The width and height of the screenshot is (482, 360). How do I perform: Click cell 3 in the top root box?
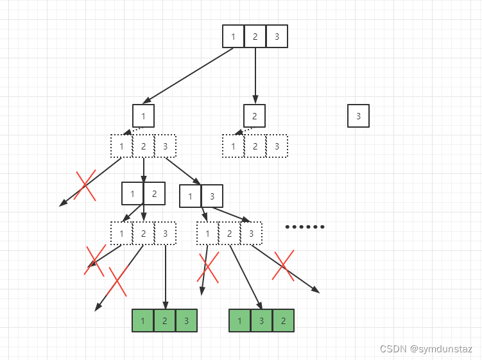277,36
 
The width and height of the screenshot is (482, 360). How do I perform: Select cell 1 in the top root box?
233,36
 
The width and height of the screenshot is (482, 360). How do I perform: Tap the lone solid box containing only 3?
358,116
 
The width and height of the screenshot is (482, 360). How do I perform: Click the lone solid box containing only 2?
255,116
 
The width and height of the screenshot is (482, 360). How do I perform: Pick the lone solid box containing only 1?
143,116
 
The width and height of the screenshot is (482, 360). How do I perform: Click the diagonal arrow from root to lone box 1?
188,75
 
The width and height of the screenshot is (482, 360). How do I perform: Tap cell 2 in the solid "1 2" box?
154,194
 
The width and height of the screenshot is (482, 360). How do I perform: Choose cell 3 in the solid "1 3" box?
212,196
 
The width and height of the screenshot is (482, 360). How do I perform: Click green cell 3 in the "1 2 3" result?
186,320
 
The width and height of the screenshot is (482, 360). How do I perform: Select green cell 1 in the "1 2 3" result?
142,320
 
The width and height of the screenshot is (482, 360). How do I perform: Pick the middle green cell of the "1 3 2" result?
261,320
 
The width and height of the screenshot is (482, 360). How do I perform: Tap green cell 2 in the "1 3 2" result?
283,320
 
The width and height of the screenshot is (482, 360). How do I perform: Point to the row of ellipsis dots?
305,227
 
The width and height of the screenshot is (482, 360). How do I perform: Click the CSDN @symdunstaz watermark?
426,349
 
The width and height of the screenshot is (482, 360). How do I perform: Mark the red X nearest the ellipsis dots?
283,265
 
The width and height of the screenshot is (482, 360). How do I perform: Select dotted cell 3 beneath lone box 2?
277,146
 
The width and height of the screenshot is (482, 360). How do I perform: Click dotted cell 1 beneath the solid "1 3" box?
207,234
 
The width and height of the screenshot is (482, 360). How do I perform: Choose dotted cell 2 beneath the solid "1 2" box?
143,234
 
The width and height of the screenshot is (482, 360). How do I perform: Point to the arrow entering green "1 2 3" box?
166,276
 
